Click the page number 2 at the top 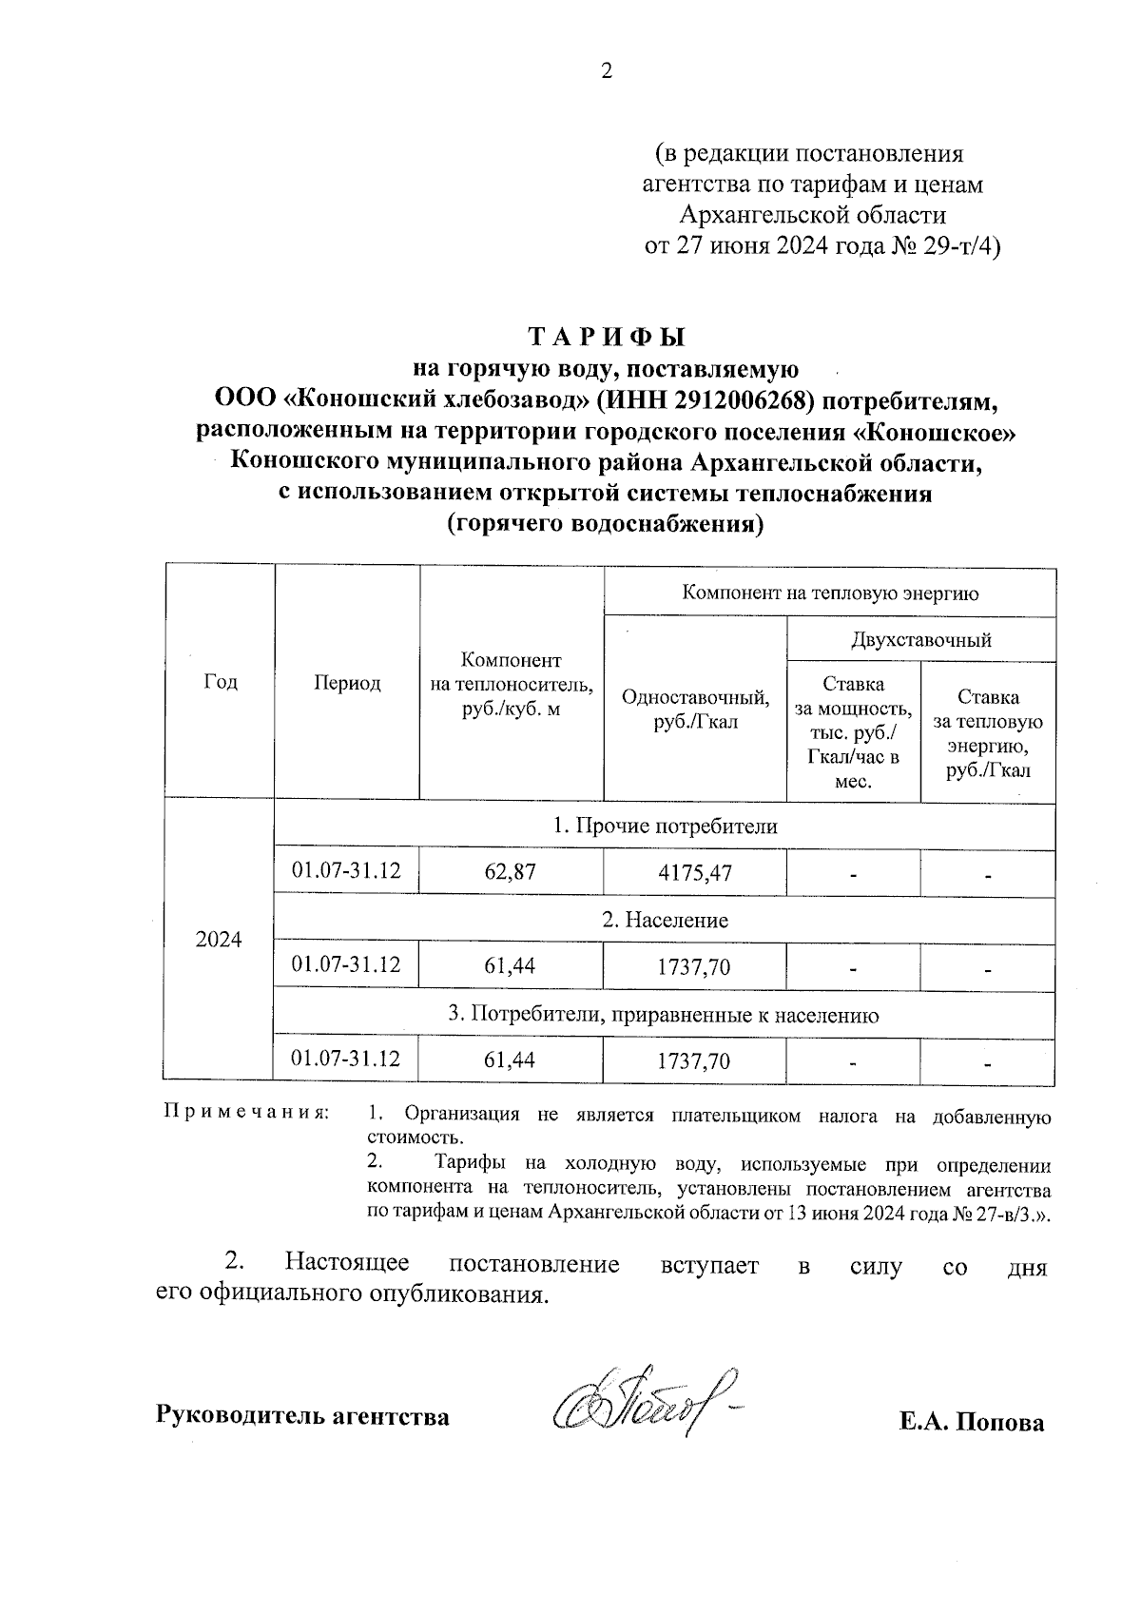coord(607,72)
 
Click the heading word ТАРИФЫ coord(606,338)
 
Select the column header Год coord(221,682)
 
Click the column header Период coord(347,682)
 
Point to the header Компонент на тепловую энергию coord(830,593)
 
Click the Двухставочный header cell coord(920,639)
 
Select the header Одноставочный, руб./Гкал coord(695,710)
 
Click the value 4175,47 coord(694,871)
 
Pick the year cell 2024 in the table coord(219,940)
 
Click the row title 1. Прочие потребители coord(665,826)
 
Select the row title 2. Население coord(665,920)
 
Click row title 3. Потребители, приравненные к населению coord(663,1015)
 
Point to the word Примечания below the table coord(247,1112)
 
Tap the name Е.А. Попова coord(972,1422)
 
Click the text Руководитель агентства coord(302,1416)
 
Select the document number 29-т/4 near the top coord(959,246)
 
